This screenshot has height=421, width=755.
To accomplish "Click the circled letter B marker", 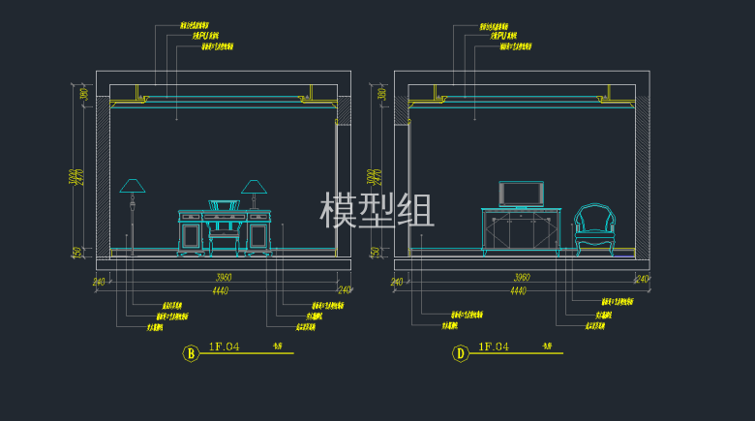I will (x=191, y=353).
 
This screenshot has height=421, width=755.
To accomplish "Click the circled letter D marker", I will (x=461, y=353).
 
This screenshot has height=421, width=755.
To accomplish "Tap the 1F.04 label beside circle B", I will (x=224, y=346).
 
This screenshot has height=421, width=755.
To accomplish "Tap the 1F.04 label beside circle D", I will (x=494, y=346).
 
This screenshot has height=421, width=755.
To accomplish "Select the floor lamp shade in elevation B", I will (x=132, y=186).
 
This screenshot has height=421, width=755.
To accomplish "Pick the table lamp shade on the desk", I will (x=255, y=186).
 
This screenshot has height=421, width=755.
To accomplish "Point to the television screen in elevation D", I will (x=521, y=193).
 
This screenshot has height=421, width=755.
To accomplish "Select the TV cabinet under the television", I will (x=522, y=230).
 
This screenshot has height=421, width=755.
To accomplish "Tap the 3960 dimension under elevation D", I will (x=522, y=278).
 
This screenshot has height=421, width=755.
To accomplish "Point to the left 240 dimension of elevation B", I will (x=98, y=282).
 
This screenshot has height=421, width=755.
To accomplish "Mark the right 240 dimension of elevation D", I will (x=641, y=280).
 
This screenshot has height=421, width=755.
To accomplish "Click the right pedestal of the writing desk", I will (x=258, y=235).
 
